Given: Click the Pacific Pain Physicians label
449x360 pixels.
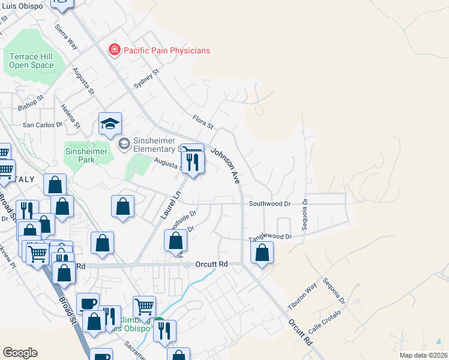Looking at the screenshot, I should click(166, 50).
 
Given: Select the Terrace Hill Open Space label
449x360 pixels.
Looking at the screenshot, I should click(31, 61).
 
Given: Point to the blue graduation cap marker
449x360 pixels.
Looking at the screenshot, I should click(110, 124).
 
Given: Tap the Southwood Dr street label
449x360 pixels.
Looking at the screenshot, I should click(270, 204).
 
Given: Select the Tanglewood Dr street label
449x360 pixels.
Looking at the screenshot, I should click(270, 238).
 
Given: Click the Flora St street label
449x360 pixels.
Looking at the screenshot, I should click(203, 122).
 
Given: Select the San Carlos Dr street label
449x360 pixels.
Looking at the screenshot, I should click(42, 125).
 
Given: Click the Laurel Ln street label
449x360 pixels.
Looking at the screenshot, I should click(170, 204).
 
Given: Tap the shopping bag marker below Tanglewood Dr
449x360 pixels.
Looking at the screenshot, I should click(262, 252).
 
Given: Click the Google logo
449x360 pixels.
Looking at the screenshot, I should click(20, 353).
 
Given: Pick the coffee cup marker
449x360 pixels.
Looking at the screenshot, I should click(88, 304).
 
